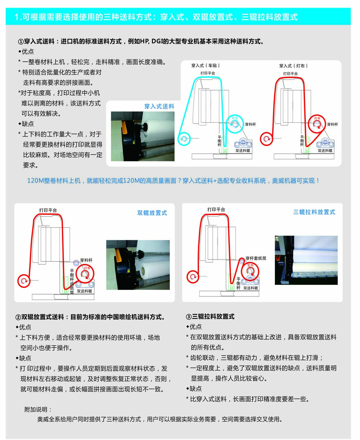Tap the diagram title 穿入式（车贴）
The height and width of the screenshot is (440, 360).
[x=205, y=66]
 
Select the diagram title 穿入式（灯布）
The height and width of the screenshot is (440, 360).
[x=293, y=66]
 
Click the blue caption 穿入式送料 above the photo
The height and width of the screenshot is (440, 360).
[x=159, y=106]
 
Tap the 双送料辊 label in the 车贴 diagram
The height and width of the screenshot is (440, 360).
[x=243, y=151]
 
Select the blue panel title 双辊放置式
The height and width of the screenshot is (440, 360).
[x=152, y=213]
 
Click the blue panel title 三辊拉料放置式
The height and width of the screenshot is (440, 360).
[x=314, y=212]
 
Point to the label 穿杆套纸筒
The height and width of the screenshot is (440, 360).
[x=256, y=258]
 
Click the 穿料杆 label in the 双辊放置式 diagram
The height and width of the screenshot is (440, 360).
[x=86, y=260]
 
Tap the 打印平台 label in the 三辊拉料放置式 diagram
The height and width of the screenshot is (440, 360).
[x=216, y=209]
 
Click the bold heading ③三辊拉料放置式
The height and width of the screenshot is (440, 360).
[x=210, y=317]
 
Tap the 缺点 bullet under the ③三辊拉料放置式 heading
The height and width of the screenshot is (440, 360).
[x=194, y=389]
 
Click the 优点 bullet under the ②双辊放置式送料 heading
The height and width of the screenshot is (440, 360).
[x=23, y=327]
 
